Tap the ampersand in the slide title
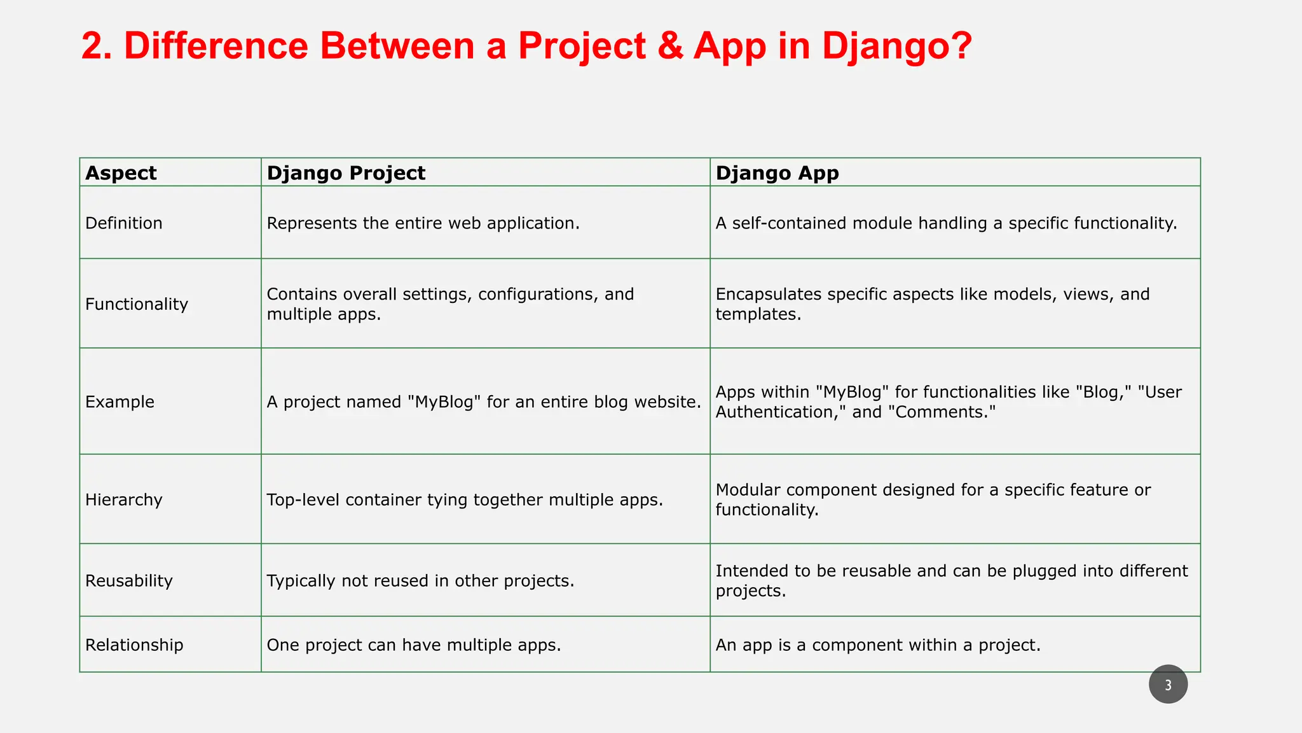[670, 46]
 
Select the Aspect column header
[121, 173]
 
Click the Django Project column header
[346, 173]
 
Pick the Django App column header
[777, 173]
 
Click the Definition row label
[124, 223]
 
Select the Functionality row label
[137, 304]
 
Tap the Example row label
[120, 402]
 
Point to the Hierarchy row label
[124, 500]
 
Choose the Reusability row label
[129, 581]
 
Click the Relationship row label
[134, 645]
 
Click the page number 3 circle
[1168, 685]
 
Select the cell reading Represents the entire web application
[423, 223]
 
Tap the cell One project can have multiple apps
[413, 645]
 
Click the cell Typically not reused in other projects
[420, 581]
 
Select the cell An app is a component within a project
[877, 645]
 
